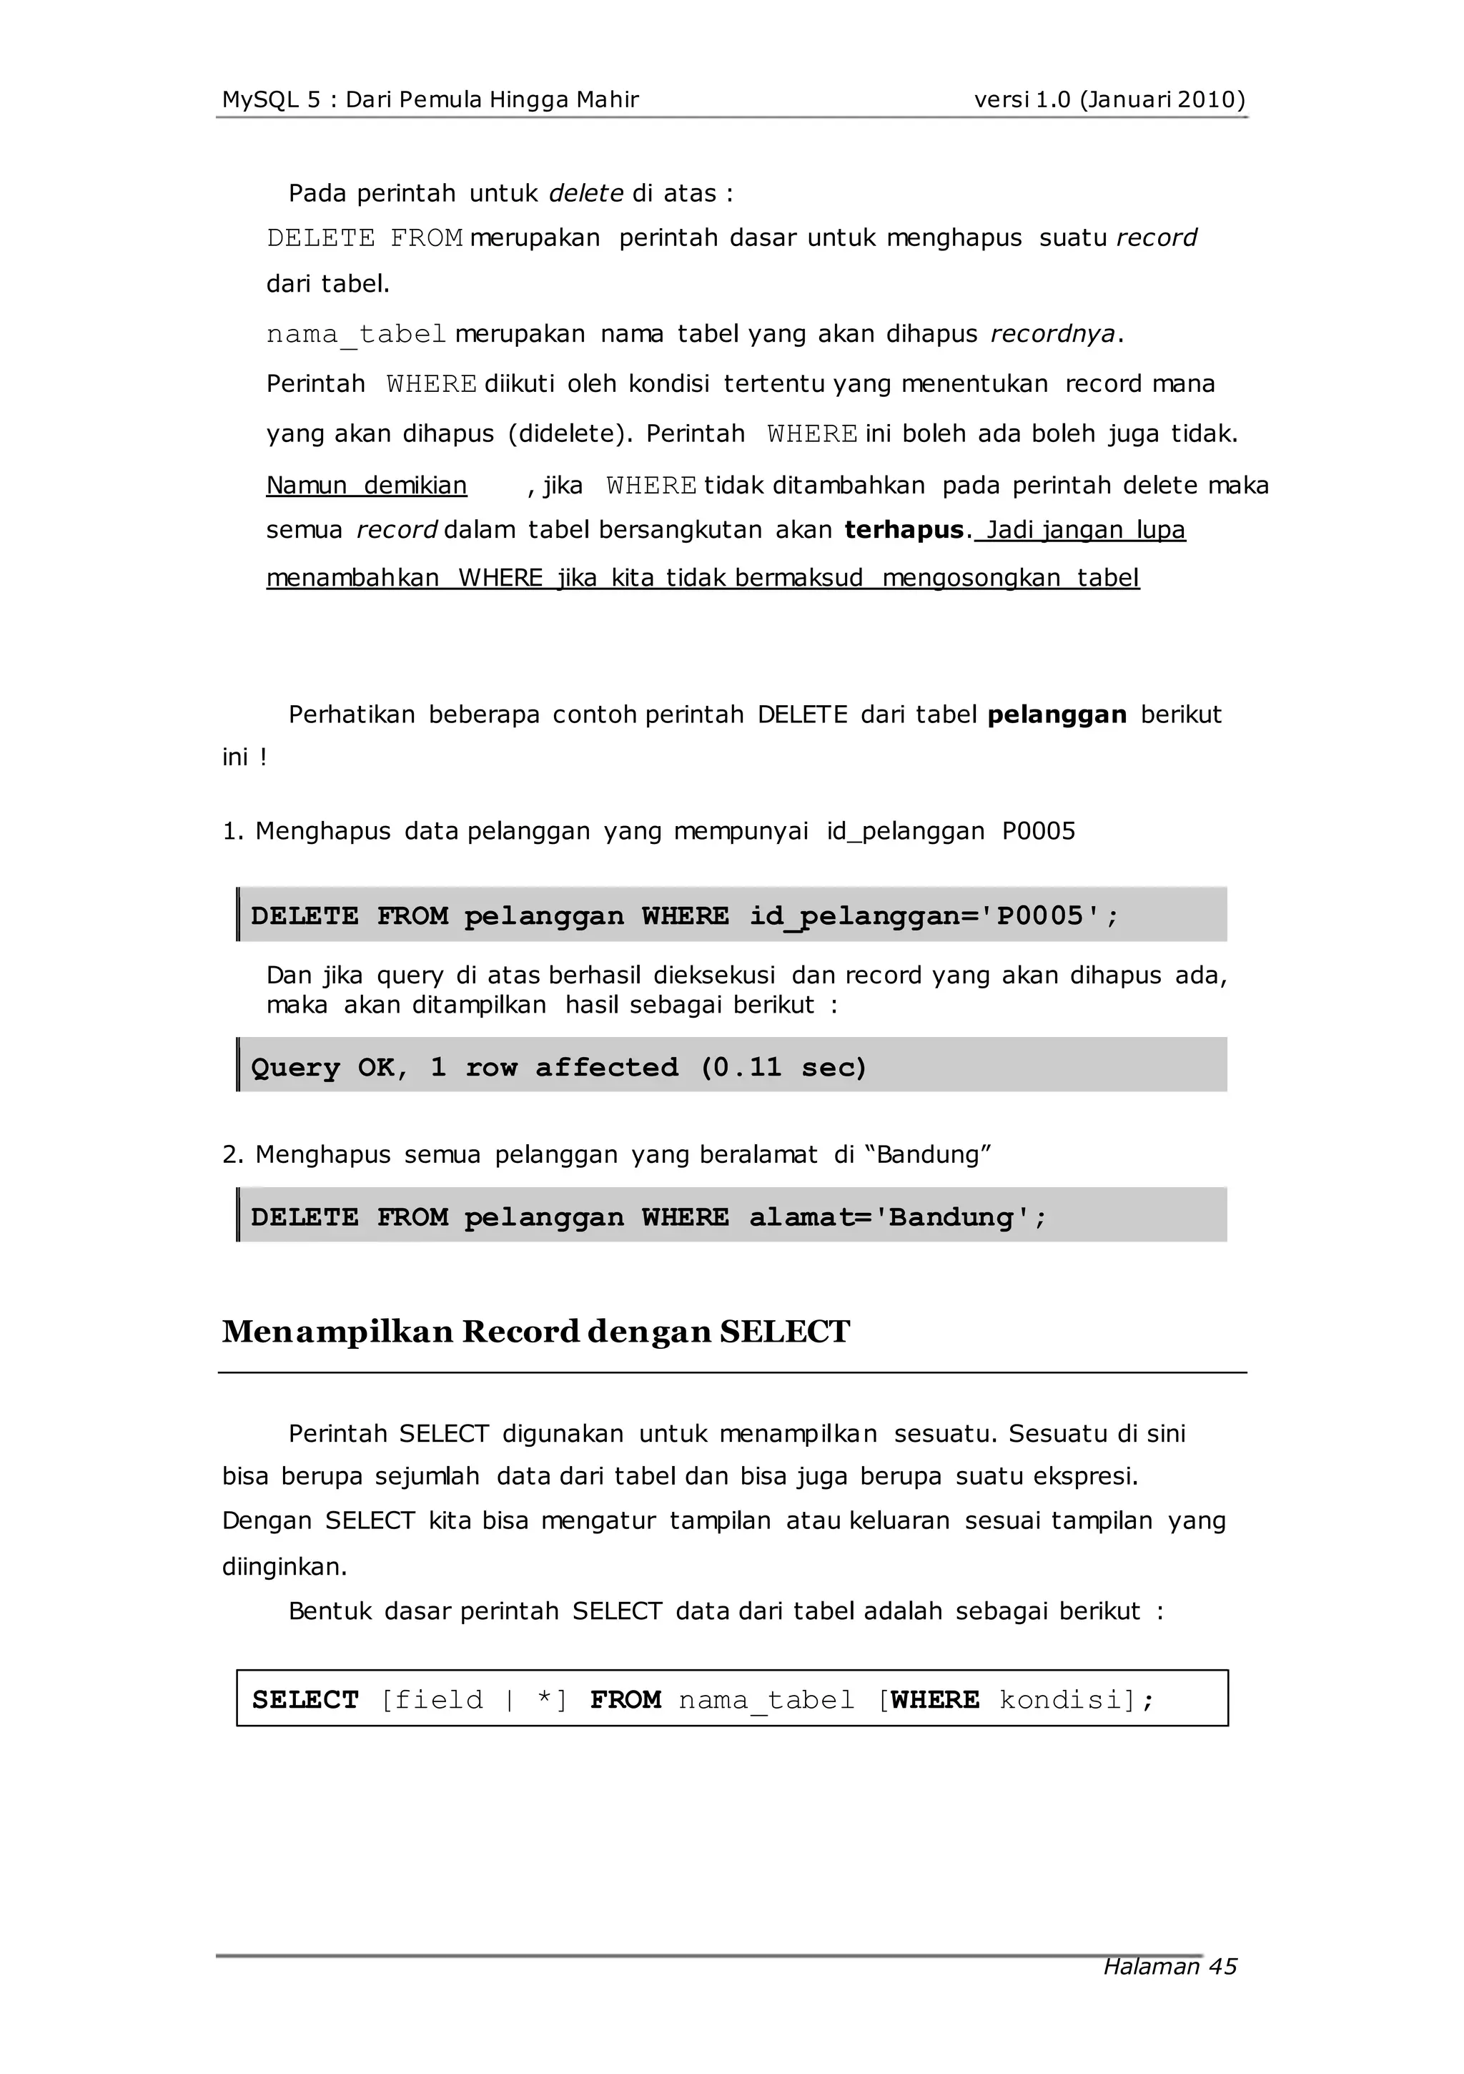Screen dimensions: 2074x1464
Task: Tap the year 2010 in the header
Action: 1210,99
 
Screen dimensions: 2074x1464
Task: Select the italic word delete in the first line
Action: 586,193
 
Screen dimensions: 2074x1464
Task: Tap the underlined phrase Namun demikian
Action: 367,486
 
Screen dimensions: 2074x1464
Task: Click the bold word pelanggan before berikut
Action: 1057,714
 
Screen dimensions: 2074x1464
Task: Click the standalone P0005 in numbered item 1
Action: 1039,831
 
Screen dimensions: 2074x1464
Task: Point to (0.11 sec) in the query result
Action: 783,1067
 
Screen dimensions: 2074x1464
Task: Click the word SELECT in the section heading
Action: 785,1332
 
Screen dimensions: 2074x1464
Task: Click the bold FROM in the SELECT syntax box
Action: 625,1700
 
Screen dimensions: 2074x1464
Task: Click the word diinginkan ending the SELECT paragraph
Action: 284,1566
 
